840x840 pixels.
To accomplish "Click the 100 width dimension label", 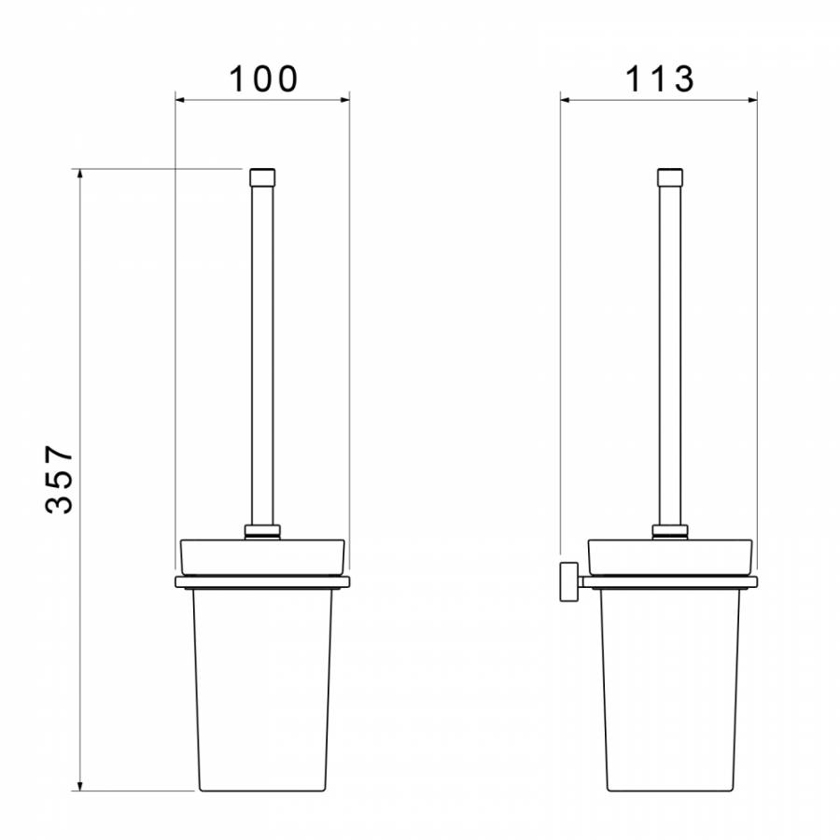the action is pyautogui.click(x=263, y=79).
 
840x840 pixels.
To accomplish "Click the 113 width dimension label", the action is pyautogui.click(x=660, y=79).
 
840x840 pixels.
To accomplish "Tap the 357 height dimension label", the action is pyautogui.click(x=59, y=480).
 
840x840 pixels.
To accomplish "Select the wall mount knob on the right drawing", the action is pyautogui.click(x=569, y=581).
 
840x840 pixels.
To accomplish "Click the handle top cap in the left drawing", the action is pyautogui.click(x=262, y=176).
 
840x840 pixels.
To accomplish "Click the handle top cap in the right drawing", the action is pyautogui.click(x=670, y=176).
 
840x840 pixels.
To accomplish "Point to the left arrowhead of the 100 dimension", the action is pyautogui.click(x=180, y=100).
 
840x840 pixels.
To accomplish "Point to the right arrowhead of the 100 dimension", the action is pyautogui.click(x=344, y=100).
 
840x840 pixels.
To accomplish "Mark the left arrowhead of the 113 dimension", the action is pyautogui.click(x=566, y=100).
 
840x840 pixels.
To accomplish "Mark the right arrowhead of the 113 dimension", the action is pyautogui.click(x=752, y=100).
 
